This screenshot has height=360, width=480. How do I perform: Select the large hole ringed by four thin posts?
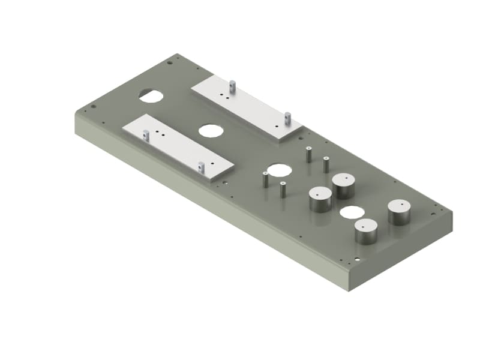[x=278, y=170]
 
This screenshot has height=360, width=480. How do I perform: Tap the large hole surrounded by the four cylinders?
[x=352, y=212]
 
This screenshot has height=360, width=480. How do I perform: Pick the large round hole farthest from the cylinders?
[x=151, y=95]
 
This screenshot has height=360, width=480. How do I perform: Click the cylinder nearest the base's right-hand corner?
[x=398, y=212]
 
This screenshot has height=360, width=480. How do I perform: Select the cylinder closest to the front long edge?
[x=365, y=231]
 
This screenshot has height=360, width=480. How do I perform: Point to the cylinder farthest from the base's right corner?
[x=320, y=199]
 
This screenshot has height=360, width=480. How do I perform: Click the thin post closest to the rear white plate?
[x=308, y=154]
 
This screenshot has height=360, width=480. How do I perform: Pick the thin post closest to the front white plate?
[x=265, y=179]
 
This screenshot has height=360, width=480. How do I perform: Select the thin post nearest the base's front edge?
[x=283, y=190]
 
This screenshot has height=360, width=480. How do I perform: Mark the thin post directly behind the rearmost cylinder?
[x=326, y=164]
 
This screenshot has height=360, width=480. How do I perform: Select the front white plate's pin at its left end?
[x=145, y=135]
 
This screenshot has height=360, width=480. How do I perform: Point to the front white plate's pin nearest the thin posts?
[x=202, y=167]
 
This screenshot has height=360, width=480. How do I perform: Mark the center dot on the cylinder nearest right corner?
[x=398, y=205]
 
